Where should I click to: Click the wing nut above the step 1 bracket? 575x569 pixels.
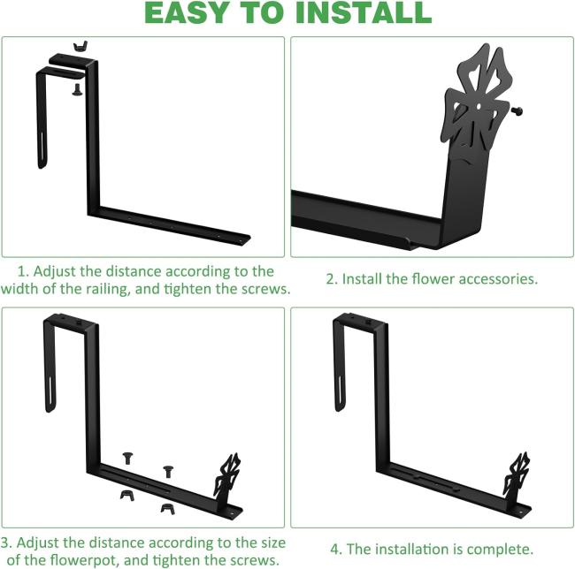pyautogui.click(x=80, y=46)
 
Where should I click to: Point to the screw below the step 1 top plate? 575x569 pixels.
pyautogui.click(x=77, y=90)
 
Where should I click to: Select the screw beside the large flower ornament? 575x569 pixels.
pyautogui.click(x=517, y=110)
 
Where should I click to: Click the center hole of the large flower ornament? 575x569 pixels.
pyautogui.click(x=479, y=107)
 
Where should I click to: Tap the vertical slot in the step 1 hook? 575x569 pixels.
pyautogui.click(x=42, y=148)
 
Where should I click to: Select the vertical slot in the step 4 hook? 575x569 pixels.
pyautogui.click(x=340, y=391)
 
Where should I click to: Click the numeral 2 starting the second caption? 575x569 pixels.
pyautogui.click(x=331, y=279)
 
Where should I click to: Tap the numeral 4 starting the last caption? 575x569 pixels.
pyautogui.click(x=335, y=550)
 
